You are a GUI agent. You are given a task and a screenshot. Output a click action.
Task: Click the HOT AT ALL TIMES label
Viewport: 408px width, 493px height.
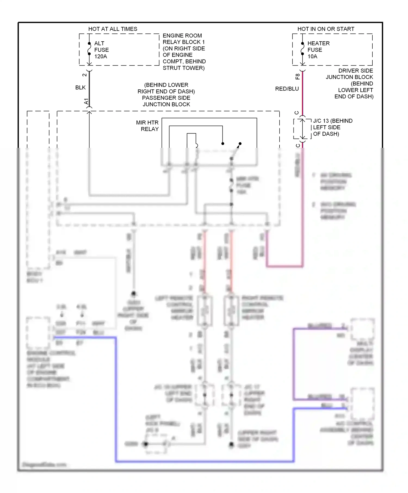(113, 29)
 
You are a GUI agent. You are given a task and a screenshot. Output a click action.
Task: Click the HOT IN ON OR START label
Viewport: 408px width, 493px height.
(326, 29)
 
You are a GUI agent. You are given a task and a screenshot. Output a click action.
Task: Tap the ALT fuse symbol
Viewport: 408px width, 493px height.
(89, 49)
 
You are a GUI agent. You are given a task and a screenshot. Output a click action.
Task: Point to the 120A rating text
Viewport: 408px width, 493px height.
(101, 57)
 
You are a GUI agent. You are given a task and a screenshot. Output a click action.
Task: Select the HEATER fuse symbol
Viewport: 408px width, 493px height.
(302, 49)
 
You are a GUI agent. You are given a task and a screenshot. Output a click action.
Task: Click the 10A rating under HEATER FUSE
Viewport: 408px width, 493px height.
(312, 57)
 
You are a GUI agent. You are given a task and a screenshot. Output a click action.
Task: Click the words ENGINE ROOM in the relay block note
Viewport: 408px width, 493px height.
(182, 36)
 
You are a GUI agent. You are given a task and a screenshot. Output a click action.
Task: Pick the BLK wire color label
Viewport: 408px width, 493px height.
(81, 88)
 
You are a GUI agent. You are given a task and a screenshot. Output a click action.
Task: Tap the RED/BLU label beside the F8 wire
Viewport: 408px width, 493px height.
(287, 89)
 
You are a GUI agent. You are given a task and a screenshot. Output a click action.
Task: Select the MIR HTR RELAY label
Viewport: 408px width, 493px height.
(147, 126)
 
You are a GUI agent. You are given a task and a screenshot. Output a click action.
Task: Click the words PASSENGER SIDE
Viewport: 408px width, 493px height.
(166, 98)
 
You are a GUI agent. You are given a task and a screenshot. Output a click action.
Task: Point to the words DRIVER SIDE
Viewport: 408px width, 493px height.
(356, 71)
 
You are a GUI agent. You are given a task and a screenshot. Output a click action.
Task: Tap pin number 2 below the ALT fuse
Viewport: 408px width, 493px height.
(85, 75)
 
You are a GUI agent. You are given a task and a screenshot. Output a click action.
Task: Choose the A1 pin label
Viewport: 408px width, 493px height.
(86, 102)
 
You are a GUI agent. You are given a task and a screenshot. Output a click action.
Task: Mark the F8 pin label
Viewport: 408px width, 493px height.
(298, 77)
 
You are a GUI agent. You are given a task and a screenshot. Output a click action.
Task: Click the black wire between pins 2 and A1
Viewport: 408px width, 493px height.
(89, 88)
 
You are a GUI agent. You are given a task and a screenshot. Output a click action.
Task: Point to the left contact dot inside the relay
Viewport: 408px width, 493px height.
(223, 143)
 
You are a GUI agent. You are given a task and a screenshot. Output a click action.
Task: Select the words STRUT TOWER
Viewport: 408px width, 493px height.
(184, 68)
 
